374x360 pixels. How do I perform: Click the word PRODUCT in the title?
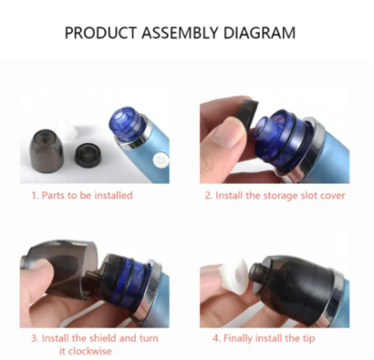click(x=101, y=32)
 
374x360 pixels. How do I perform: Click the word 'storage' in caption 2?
click(x=276, y=196)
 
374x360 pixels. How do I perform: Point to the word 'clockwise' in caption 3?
click(x=86, y=351)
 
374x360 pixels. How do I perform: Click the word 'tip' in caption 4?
click(x=309, y=338)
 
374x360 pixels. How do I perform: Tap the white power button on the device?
click(x=160, y=160)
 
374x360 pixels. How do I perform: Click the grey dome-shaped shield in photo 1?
click(x=46, y=151)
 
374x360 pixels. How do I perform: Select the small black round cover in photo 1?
click(x=88, y=155)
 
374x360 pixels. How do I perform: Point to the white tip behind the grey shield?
click(x=68, y=131)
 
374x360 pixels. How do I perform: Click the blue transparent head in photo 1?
click(x=125, y=125)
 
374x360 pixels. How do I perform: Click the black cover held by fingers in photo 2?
click(x=248, y=113)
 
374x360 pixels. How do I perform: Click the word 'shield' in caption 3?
click(x=102, y=338)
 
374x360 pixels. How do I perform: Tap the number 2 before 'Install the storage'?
click(x=209, y=195)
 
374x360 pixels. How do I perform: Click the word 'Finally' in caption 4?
click(x=238, y=338)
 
